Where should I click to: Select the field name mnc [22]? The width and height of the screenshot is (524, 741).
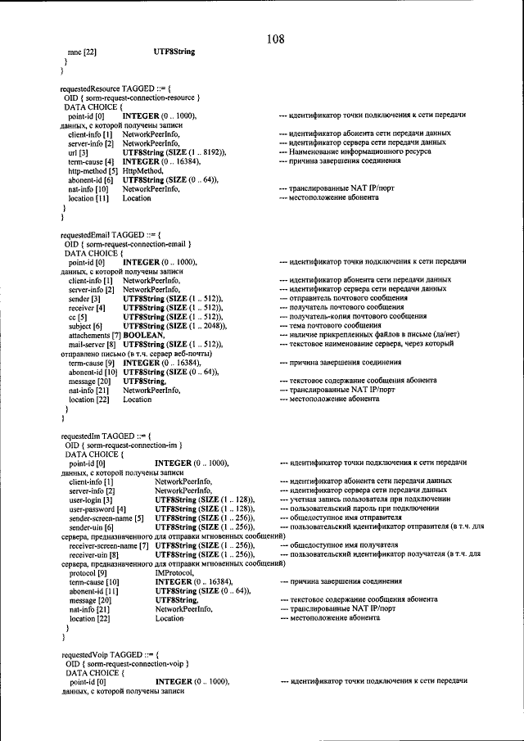(x=83, y=52)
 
